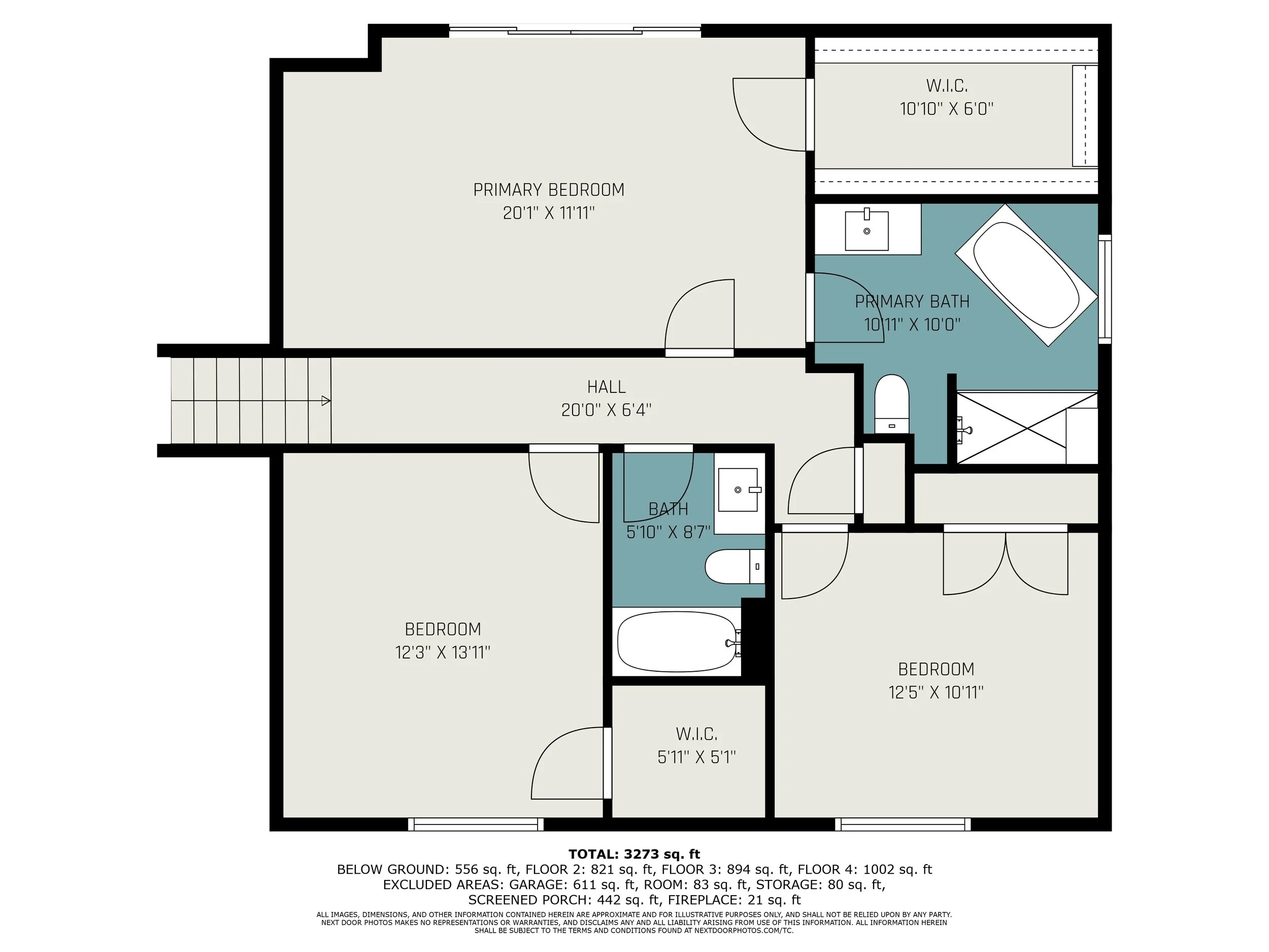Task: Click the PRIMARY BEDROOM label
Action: [x=548, y=189]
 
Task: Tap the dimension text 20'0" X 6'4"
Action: [x=607, y=410]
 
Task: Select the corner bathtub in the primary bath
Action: [x=1026, y=274]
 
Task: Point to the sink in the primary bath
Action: [x=867, y=231]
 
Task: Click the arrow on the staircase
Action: [x=325, y=401]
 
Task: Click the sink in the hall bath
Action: [x=739, y=489]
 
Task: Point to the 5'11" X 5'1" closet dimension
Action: [x=696, y=758]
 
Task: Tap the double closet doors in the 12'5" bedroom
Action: [x=1006, y=563]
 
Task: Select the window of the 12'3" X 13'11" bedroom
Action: [x=476, y=825]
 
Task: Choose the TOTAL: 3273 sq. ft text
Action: [x=634, y=855]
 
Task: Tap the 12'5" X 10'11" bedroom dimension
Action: [x=936, y=693]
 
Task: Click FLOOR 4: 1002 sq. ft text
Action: [x=864, y=869]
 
